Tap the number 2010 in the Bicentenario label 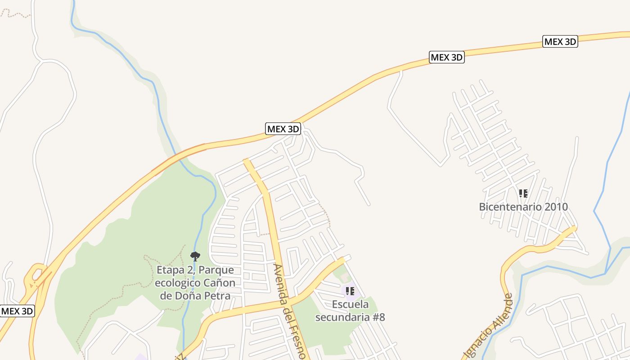[x=556, y=207]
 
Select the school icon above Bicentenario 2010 [x=523, y=193]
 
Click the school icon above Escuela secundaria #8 [x=350, y=291]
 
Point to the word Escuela [x=350, y=305]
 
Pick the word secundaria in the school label [x=342, y=317]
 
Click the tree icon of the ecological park [x=195, y=256]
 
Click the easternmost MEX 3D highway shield [x=560, y=42]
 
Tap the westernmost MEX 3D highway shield [x=17, y=311]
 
